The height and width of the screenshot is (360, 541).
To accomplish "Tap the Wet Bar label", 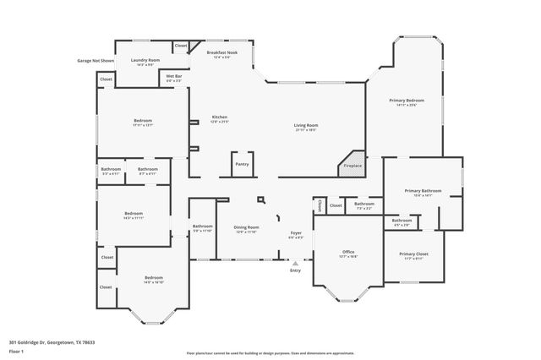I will (x=173, y=78).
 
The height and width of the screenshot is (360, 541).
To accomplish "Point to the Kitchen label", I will (x=219, y=118).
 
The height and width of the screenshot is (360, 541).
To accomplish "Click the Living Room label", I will (x=305, y=127).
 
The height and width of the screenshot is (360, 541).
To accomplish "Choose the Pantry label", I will (x=241, y=164).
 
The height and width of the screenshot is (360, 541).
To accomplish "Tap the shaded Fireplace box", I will (x=352, y=164).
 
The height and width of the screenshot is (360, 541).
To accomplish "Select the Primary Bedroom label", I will (x=407, y=101).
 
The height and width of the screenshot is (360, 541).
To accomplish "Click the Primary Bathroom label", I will (x=423, y=193).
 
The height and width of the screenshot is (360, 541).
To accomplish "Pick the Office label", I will (x=347, y=253).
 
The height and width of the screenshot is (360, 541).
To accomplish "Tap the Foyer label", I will (x=296, y=234).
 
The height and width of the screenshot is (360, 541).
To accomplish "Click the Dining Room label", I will (x=247, y=228).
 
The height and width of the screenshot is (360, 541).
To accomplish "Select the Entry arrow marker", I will (x=295, y=263).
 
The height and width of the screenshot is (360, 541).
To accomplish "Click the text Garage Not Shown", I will (x=96, y=61).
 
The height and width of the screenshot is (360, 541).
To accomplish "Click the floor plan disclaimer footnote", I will (x=270, y=352).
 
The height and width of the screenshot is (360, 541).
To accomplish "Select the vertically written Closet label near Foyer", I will (x=319, y=205).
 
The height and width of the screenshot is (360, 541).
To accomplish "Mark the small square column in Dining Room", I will (x=261, y=200).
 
